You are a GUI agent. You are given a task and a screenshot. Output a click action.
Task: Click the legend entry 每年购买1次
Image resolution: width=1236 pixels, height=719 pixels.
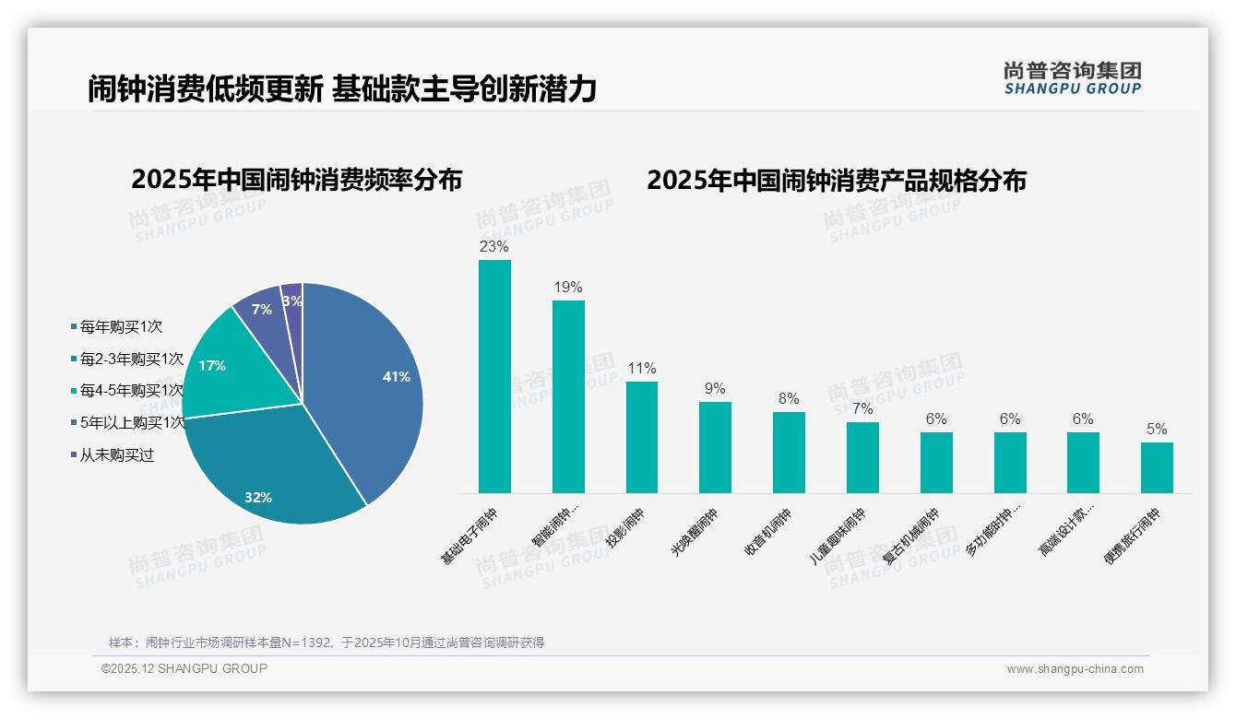(x=121, y=327)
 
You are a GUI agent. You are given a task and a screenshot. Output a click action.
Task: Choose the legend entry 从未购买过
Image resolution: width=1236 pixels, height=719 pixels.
(x=116, y=455)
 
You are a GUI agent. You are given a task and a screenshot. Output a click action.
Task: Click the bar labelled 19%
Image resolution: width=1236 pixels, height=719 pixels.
(x=568, y=396)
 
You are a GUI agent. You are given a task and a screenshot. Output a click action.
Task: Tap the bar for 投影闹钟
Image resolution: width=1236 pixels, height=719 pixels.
(x=642, y=437)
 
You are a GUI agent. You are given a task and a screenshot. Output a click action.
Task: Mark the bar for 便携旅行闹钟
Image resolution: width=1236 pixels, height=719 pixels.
(x=1157, y=467)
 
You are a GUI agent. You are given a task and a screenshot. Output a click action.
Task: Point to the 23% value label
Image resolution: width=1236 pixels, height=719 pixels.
(x=494, y=247)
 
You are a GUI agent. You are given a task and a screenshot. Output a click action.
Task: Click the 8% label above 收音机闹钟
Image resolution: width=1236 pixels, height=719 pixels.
(x=789, y=399)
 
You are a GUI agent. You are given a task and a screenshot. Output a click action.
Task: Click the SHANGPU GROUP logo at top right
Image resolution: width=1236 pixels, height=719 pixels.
(x=1073, y=78)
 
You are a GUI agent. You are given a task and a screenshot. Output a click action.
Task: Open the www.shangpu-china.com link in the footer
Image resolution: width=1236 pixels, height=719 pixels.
(x=1075, y=669)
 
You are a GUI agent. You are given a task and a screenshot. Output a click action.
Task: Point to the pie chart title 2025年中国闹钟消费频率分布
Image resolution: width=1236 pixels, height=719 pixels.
(x=296, y=179)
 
